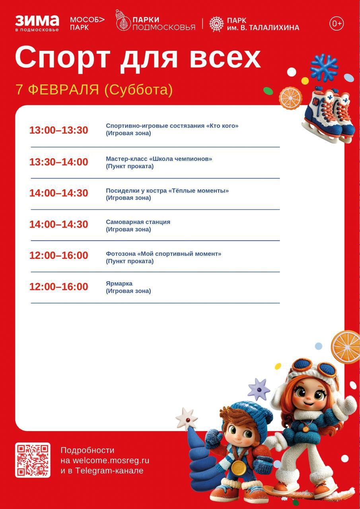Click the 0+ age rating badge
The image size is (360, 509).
[x=337, y=23]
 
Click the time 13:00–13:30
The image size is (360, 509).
[x=58, y=130]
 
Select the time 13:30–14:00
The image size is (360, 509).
[x=58, y=162]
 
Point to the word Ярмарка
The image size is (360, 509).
[x=119, y=284]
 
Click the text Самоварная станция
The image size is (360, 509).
[x=138, y=222]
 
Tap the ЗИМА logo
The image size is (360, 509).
[x=37, y=23]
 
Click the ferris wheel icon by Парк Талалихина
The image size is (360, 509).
[x=216, y=23]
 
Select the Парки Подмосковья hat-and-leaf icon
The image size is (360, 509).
[x=123, y=20]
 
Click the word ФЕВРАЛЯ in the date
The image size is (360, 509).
[x=64, y=89]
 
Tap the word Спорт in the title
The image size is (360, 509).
[x=62, y=58]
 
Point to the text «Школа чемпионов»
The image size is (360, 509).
[x=181, y=159]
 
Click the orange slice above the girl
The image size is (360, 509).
[x=346, y=347]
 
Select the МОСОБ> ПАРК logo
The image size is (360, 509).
[x=87, y=23]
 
